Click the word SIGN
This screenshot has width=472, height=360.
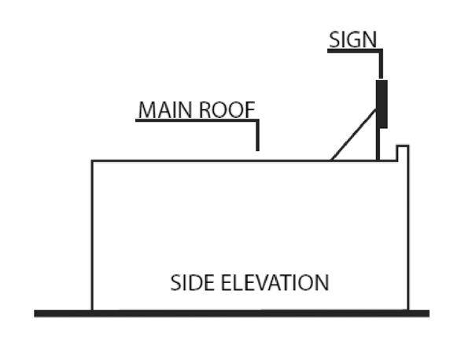coord(353,39)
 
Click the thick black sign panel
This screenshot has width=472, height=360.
coord(382,103)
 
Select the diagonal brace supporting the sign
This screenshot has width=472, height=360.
coord(353,134)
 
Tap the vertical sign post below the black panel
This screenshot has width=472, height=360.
coord(378,145)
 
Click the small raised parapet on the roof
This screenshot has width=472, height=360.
coord(401,152)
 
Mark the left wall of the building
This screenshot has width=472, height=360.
coord(92,236)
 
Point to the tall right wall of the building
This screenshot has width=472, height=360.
coord(407,236)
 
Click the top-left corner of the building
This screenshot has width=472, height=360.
coord(92,161)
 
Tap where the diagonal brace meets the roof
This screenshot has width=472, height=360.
coord(331,160)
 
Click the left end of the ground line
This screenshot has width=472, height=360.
coord(37,313)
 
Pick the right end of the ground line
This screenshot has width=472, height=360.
coord(426,313)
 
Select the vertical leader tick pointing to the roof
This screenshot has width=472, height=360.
coord(257,136)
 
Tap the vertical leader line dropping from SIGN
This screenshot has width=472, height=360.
coord(382,64)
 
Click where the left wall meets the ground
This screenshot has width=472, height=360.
coord(92,310)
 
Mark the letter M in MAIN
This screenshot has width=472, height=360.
coord(146,110)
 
